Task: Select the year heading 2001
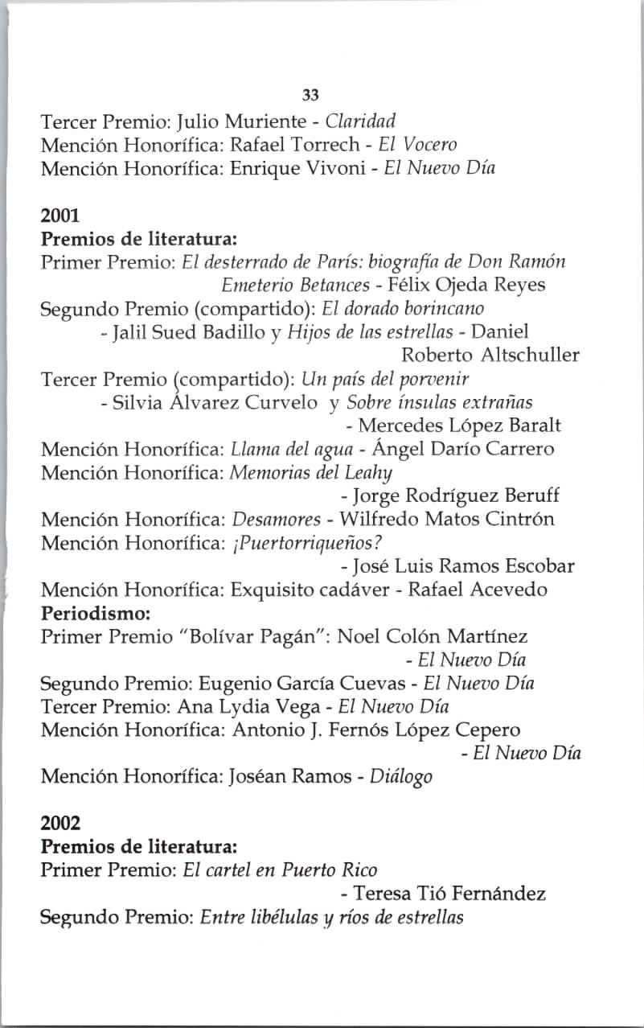pos(60,216)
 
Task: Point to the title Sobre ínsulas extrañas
pos(454,401)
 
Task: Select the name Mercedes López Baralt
pos(460,425)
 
